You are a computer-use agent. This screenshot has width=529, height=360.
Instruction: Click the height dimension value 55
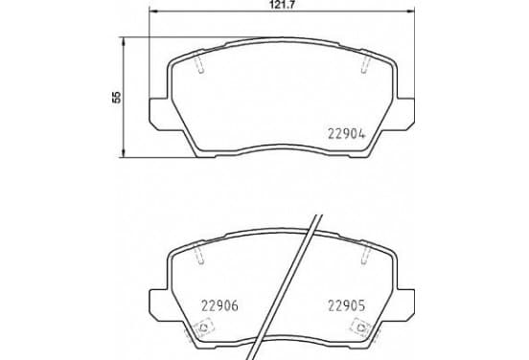(116, 97)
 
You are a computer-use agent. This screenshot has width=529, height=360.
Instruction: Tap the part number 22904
(347, 134)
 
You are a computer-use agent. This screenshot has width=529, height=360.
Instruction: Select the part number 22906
(219, 305)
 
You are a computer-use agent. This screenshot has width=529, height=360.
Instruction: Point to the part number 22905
(347, 305)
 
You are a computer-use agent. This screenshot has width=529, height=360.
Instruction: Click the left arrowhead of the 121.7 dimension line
(153, 11)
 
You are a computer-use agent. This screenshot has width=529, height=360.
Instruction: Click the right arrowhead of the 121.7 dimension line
(410, 11)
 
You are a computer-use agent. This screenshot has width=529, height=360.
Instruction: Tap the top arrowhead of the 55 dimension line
(124, 42)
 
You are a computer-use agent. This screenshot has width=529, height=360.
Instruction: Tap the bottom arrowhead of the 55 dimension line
(124, 152)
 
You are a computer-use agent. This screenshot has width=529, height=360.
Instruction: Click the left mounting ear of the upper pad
(161, 114)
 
